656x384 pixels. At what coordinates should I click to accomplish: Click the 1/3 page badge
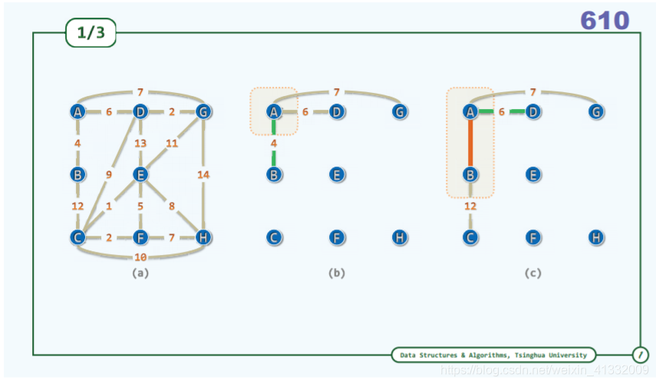tap(91, 33)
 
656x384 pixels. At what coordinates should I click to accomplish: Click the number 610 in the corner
tap(605, 21)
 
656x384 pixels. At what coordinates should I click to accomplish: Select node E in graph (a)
tap(140, 174)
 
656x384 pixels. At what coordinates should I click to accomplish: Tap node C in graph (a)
tap(77, 237)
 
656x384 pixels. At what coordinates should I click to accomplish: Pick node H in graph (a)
tap(203, 237)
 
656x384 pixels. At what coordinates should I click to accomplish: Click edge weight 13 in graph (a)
tap(140, 143)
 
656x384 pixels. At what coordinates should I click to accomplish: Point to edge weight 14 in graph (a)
tap(203, 174)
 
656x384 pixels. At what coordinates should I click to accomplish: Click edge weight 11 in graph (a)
tap(172, 143)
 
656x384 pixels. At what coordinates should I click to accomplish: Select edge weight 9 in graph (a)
tap(110, 174)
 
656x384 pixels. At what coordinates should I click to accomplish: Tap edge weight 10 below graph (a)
tap(140, 256)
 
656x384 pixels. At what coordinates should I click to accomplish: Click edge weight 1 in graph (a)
tap(110, 206)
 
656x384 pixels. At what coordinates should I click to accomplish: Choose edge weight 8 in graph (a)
tap(172, 206)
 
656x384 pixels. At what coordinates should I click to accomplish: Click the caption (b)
tap(336, 273)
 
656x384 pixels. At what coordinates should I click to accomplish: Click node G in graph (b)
tap(399, 112)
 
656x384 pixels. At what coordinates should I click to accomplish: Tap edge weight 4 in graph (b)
tap(274, 143)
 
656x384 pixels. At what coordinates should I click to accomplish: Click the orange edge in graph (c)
tap(470, 144)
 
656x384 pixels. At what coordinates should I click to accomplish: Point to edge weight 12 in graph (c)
tap(470, 206)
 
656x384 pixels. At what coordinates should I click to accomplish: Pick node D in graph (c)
tap(533, 112)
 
